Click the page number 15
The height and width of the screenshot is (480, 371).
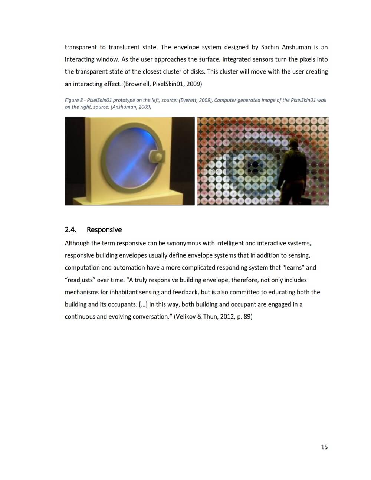point(324,447)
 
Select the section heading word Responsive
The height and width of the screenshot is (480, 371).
point(104,230)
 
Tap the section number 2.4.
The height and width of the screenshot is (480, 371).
point(70,230)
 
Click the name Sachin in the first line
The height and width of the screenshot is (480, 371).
point(270,47)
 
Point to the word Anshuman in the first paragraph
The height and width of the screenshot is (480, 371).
point(296,47)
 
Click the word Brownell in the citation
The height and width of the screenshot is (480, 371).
point(138,84)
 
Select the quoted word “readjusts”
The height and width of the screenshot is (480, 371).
point(80,280)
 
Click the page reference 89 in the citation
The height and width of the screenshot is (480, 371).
point(247,317)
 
